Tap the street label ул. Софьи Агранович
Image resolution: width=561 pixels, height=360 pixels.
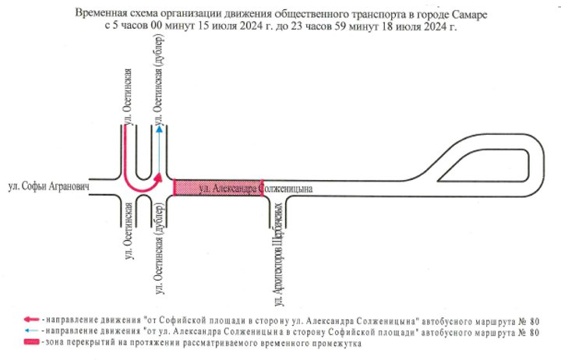tap(48, 186)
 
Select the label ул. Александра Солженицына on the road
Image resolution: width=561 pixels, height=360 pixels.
tap(256, 189)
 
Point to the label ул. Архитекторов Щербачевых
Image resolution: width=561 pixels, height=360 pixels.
tap(280, 255)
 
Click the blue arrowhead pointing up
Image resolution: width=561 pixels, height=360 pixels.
tap(159, 129)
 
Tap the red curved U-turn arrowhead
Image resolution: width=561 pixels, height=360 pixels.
tap(157, 178)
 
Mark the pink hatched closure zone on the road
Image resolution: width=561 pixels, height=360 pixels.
tap(218, 188)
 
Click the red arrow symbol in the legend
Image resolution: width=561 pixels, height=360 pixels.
tap(31, 319)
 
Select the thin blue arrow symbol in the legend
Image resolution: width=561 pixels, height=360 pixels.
tap(31, 330)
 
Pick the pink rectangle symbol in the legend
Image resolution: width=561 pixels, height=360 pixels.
tap(31, 342)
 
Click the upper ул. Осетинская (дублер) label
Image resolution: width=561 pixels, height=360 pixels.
tap(160, 79)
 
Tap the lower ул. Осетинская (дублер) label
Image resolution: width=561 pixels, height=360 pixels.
tap(160, 249)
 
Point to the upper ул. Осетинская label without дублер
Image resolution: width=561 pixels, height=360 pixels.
tap(129, 97)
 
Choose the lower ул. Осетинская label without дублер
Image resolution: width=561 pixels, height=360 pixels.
tap(129, 231)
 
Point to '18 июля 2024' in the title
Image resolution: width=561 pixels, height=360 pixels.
tap(416, 26)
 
